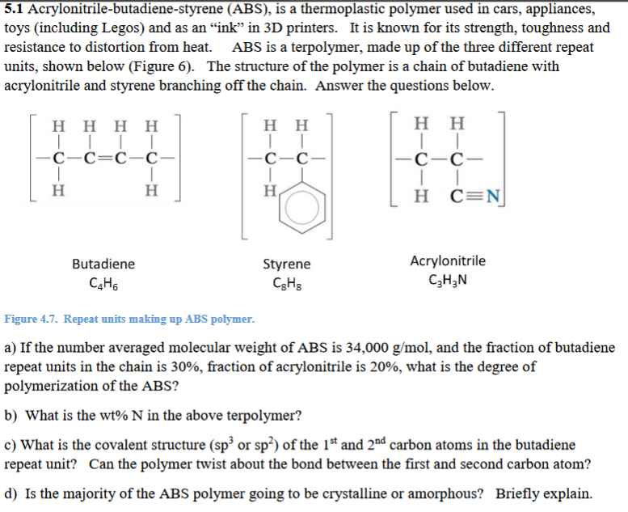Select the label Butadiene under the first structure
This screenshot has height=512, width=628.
coord(103,264)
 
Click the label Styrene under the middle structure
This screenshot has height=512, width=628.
coord(287,264)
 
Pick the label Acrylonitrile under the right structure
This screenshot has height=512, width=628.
coord(449,260)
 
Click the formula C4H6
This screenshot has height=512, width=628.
coord(103,284)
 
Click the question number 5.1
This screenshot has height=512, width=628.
coord(15,9)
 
